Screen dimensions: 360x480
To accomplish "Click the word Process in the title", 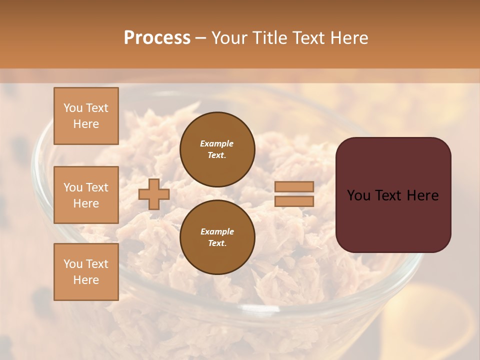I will [x=157, y=38].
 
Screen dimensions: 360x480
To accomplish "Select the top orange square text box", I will [x=86, y=116].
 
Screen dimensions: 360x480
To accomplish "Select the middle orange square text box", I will [x=86, y=195].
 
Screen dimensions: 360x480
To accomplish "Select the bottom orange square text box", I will [x=86, y=272].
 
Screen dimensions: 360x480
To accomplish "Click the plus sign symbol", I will [x=154, y=194].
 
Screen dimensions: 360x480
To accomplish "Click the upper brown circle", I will [x=217, y=149].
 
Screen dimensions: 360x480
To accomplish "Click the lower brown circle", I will [x=217, y=237].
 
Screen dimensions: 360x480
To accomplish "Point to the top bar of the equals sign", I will [x=294, y=186].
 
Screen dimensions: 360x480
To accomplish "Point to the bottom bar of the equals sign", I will [x=294, y=201].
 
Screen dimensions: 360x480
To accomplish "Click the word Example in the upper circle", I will [x=217, y=143].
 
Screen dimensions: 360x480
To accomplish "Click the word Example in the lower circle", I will [x=217, y=231].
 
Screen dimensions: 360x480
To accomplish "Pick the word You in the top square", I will [x=72, y=108].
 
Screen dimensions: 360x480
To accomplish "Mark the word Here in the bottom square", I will [x=86, y=280].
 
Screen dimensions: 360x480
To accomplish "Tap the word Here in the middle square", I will [x=86, y=203].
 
